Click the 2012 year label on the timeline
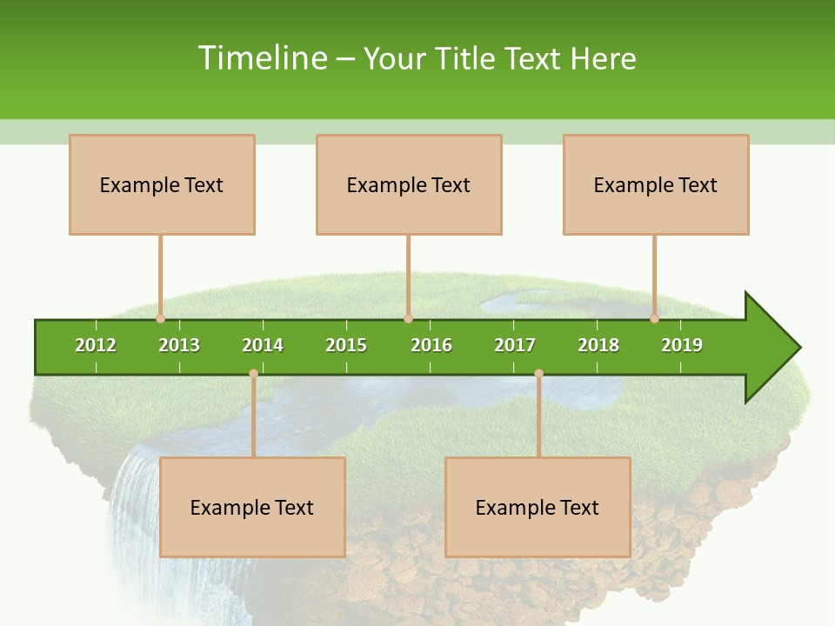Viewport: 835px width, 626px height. [96, 345]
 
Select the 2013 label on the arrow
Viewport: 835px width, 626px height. [179, 345]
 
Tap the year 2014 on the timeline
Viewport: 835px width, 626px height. [263, 345]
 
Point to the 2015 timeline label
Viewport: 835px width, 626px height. [346, 345]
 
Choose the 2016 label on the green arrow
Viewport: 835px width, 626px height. [431, 345]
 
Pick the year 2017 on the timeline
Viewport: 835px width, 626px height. [515, 345]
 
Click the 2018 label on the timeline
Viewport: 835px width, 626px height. [598, 345]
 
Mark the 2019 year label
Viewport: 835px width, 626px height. [682, 345]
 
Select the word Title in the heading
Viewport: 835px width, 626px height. [465, 58]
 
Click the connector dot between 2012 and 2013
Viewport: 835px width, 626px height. [160, 318]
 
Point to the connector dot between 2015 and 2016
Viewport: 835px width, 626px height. [408, 318]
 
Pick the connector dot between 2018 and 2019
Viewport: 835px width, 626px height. [655, 318]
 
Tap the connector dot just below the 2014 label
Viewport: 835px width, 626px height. [253, 373]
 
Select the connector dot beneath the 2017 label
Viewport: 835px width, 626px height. [538, 373]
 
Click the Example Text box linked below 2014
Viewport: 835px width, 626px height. [252, 507]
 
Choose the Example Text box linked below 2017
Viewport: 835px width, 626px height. [538, 507]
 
